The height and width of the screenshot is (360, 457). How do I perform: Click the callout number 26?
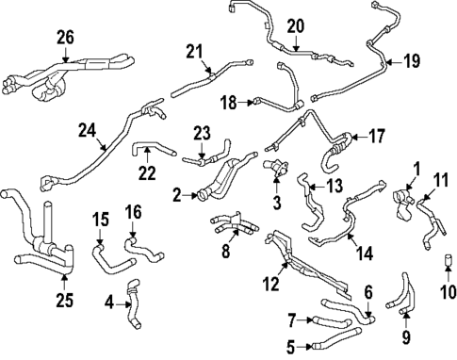[64, 37]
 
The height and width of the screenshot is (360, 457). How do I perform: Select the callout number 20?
[295, 26]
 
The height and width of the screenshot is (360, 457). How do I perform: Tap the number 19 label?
[411, 62]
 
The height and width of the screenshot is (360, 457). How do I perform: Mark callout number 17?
[376, 136]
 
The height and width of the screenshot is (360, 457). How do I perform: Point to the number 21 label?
[195, 51]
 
